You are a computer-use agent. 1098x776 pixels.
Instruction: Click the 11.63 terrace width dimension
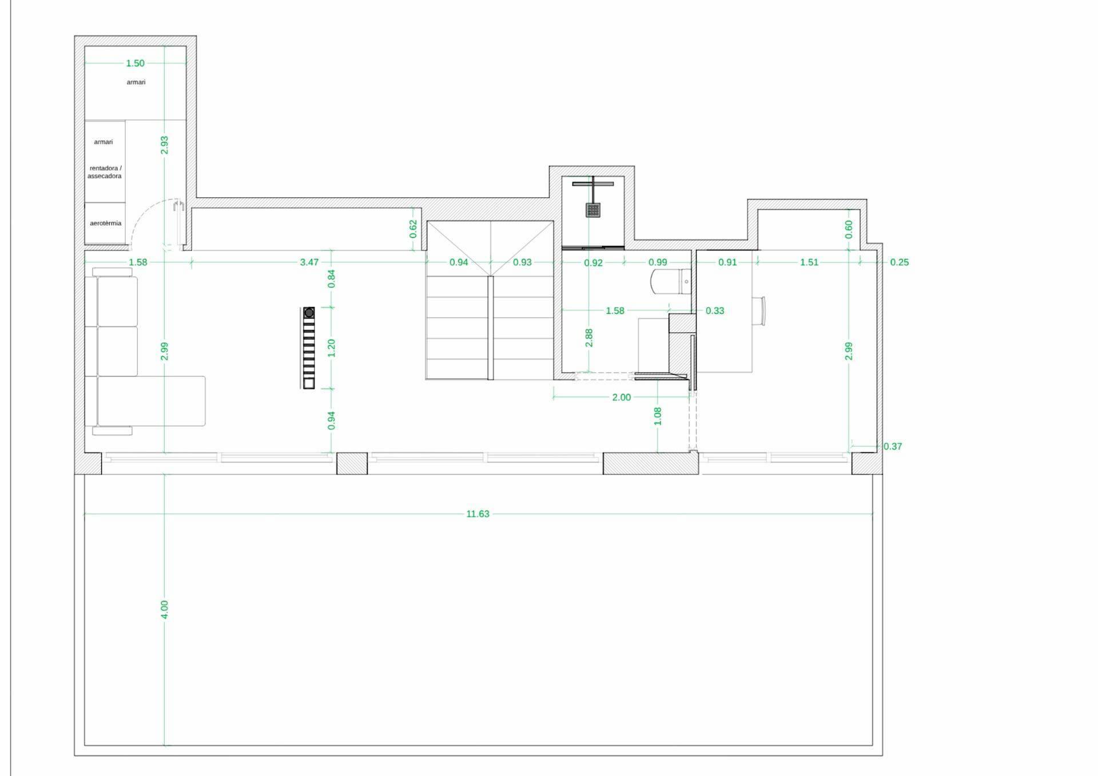pos(478,514)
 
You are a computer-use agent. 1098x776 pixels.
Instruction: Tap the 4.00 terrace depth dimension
pos(165,609)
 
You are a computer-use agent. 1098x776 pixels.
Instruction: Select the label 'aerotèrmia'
pos(106,223)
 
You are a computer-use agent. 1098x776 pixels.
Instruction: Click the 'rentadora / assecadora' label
pos(105,172)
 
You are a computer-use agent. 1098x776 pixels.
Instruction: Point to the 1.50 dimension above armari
pos(136,63)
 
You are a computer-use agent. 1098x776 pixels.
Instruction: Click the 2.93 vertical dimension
pos(165,145)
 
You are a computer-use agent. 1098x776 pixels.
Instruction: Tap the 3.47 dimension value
pos(309,262)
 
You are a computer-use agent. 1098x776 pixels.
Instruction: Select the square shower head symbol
pos(593,210)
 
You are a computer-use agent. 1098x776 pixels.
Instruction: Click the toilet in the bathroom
pos(671,281)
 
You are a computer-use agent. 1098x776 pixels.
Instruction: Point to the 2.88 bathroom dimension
pos(589,337)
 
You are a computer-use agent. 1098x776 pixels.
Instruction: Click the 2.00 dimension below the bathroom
pos(622,397)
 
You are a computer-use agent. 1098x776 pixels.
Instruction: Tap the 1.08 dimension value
pos(658,416)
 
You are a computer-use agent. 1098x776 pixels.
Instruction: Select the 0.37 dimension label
pos(893,446)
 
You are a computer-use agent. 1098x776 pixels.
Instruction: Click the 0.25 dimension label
pos(900,262)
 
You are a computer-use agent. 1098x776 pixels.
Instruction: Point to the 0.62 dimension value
pos(413,229)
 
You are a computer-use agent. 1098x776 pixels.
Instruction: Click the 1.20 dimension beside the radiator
pos(331,348)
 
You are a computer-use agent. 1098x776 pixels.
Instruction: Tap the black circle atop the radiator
pos(309,313)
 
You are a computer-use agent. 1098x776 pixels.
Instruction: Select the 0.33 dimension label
pos(715,311)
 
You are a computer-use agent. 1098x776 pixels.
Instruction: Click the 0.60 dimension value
pos(849,229)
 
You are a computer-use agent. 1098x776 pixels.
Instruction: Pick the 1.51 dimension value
pos(809,262)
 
